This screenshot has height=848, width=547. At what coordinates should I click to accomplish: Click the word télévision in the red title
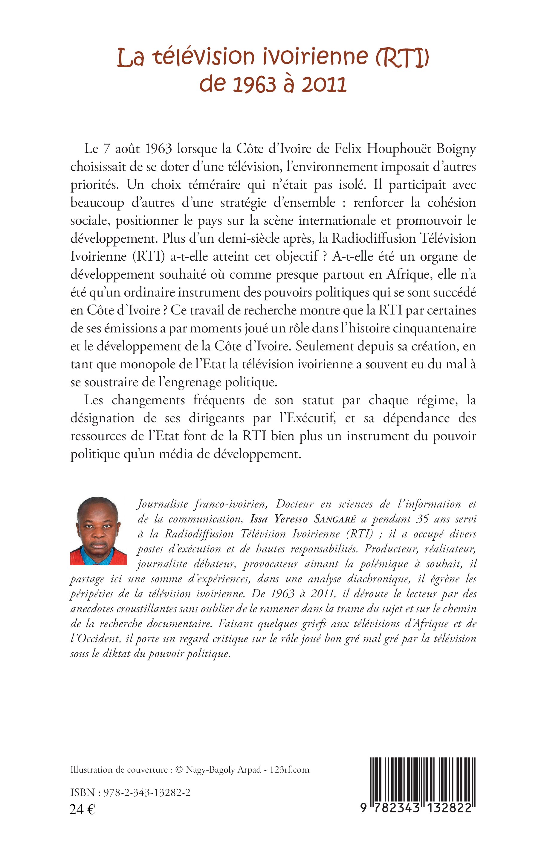point(204,57)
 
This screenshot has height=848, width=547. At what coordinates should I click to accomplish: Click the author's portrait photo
point(98,531)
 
